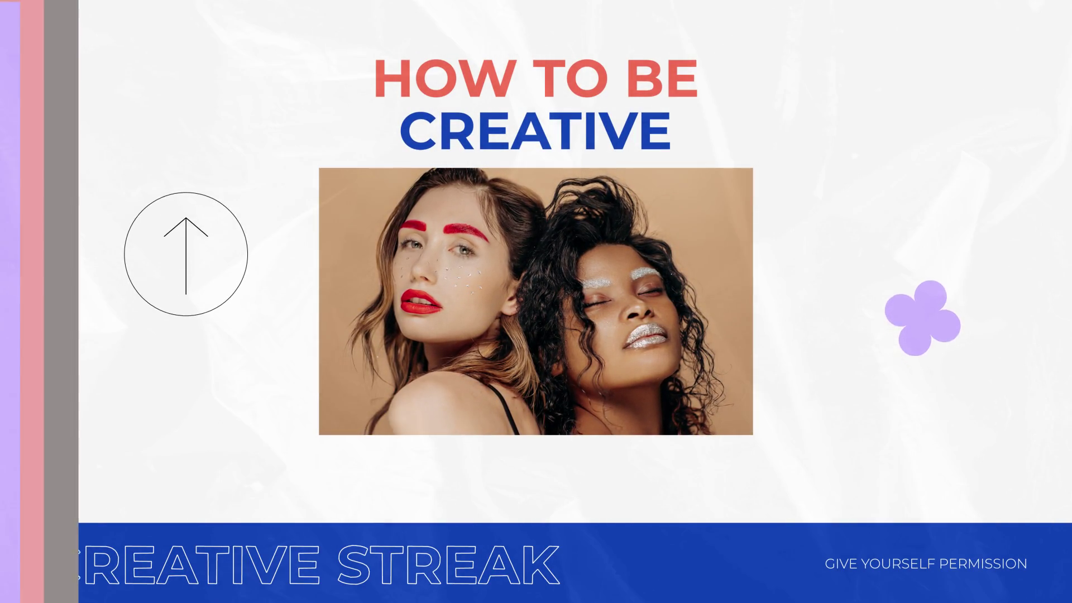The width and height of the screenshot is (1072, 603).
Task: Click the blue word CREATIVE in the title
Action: click(535, 131)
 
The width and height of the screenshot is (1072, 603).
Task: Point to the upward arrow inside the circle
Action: click(186, 256)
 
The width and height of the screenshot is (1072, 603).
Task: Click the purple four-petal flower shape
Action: click(922, 318)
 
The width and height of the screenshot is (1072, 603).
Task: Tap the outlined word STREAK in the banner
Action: click(448, 564)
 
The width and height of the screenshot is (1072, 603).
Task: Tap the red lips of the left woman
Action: click(420, 301)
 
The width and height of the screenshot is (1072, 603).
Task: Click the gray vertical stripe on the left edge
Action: click(61, 301)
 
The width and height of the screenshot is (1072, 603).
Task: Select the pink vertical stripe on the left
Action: click(32, 301)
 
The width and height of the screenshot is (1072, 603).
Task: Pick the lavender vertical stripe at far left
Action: click(10, 301)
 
